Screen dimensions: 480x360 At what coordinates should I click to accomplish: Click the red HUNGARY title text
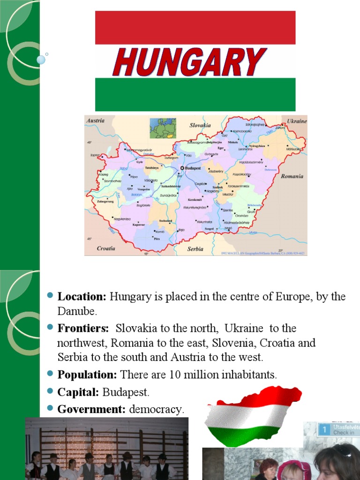189,62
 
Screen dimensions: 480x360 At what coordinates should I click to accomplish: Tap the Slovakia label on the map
200,125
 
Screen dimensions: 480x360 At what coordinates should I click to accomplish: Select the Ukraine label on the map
296,121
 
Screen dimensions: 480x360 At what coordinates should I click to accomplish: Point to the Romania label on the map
292,177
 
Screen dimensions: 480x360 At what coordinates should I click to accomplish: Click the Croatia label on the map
106,248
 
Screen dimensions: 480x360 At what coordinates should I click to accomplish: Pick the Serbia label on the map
195,249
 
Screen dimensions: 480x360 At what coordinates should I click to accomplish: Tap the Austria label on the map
95,120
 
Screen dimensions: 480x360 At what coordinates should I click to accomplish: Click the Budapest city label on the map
192,168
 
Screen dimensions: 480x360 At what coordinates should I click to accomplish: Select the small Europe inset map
163,128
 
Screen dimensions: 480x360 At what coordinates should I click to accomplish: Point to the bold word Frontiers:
83,328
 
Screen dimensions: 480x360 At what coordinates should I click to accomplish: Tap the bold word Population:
87,375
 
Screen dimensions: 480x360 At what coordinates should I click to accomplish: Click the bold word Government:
91,409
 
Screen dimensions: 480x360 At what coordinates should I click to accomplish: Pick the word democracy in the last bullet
157,409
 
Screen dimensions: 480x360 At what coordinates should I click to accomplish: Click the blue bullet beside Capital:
50,391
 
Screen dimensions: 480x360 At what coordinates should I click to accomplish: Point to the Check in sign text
344,432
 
